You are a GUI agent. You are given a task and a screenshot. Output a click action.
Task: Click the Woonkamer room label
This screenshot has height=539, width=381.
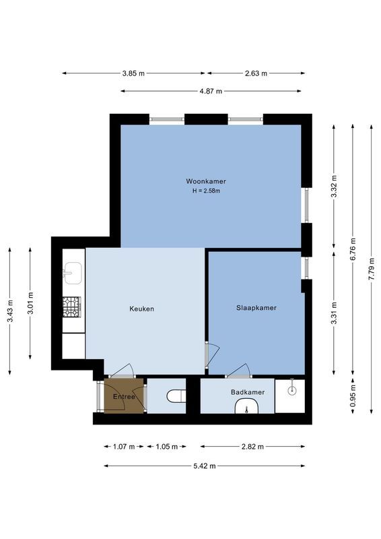[206, 181]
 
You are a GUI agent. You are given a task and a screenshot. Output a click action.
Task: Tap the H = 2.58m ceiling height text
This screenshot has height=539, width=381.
[206, 191]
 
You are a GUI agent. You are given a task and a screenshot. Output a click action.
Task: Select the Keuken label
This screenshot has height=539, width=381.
[142, 309]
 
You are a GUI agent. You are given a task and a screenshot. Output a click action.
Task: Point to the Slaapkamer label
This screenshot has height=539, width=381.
[256, 308]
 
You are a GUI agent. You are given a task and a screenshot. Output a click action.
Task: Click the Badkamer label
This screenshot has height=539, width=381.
[248, 392]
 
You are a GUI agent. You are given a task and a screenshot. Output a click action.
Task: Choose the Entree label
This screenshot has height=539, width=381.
[124, 396]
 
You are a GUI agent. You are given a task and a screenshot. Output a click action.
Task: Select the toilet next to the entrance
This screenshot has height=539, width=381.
[176, 396]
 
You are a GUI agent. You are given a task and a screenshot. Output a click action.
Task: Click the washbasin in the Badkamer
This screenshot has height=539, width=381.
[247, 406]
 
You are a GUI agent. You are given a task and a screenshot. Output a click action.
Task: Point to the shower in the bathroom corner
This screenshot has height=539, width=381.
[291, 388]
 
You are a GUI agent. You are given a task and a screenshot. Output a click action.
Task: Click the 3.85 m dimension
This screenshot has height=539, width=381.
[133, 73]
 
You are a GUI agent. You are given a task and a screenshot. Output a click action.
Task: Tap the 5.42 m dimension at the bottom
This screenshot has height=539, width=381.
[205, 465]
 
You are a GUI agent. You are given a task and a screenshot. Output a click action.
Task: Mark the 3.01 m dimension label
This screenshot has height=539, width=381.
[30, 303]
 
